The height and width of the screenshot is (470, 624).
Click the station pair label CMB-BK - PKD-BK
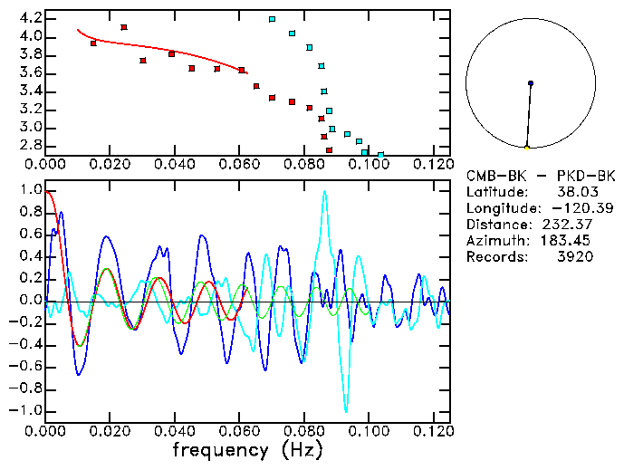[541, 176]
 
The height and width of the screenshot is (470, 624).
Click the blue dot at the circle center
[531, 83]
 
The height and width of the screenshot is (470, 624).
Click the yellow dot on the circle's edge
[526, 147]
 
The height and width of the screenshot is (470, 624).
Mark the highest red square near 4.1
[124, 27]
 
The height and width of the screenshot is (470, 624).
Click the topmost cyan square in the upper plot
[272, 19]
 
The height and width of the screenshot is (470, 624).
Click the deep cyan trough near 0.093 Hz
[345, 410]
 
